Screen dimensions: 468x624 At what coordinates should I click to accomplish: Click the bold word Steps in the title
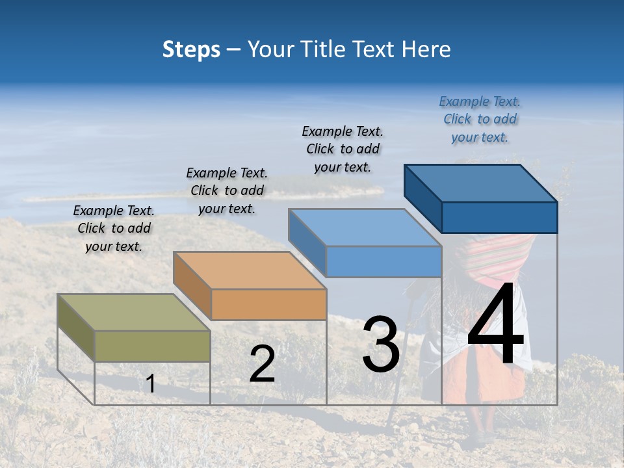tap(191, 49)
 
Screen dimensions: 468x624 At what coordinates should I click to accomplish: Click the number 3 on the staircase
tap(380, 344)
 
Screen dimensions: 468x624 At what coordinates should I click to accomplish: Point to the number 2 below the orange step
tap(262, 364)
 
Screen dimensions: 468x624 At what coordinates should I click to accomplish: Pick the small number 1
tap(150, 383)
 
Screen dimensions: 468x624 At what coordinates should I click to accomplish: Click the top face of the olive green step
tap(133, 312)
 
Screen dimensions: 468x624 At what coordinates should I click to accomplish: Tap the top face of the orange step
tap(250, 270)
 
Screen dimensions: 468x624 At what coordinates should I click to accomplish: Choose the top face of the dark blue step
tap(481, 183)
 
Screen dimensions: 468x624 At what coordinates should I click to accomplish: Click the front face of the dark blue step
tap(499, 217)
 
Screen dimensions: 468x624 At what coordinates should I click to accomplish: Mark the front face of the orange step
tap(268, 304)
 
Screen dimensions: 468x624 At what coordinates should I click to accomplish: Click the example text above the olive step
tap(114, 228)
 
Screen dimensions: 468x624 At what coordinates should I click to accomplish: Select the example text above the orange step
tap(227, 190)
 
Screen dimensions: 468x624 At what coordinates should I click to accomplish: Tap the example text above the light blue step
tap(343, 149)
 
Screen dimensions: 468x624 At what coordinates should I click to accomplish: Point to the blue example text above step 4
tap(480, 119)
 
